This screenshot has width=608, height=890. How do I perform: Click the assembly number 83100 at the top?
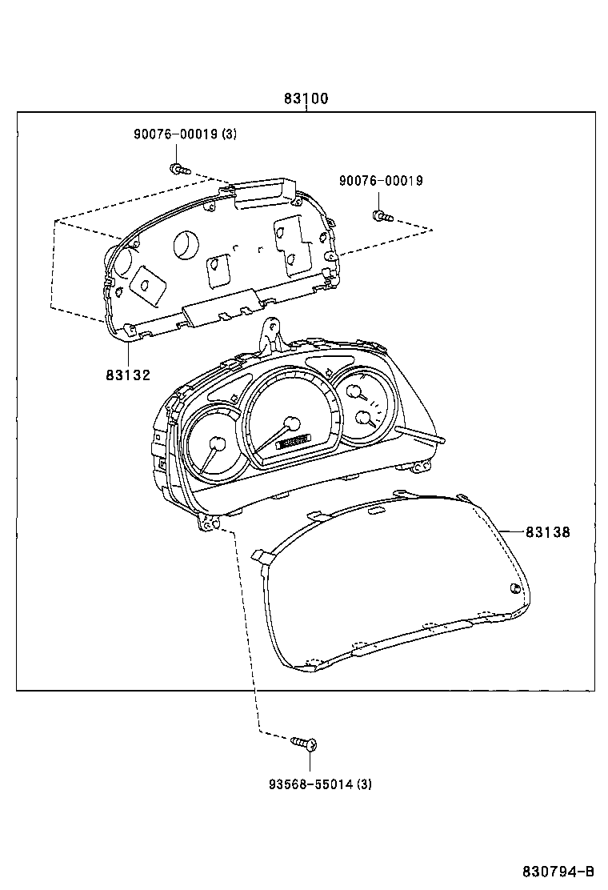[306, 99]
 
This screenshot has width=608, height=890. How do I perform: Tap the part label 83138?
[548, 531]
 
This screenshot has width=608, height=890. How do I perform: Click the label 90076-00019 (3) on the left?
[185, 134]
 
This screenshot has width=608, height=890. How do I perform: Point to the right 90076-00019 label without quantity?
[381, 182]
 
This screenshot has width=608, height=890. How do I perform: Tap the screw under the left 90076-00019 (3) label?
[178, 169]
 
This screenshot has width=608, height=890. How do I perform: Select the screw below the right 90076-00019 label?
[381, 214]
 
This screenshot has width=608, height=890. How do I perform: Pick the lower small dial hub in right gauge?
[364, 417]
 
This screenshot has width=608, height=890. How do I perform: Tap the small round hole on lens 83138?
[514, 591]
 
